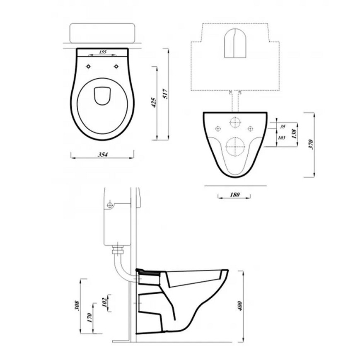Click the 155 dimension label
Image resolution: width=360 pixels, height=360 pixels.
pos(103,52)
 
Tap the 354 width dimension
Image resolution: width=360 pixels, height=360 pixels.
pos(103,155)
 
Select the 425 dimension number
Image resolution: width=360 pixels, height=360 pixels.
pos(154,103)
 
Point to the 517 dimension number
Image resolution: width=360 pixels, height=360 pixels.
pos(166,94)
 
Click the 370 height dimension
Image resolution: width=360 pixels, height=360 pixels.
pos(311,145)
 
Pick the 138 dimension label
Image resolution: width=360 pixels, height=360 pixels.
pos(294,134)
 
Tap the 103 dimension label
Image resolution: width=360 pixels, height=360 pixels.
pos(281,138)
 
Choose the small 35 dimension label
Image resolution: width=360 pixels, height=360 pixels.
pos(283,126)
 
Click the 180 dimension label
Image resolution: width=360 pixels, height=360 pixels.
pos(234,195)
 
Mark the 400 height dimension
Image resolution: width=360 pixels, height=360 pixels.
pos(240,306)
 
